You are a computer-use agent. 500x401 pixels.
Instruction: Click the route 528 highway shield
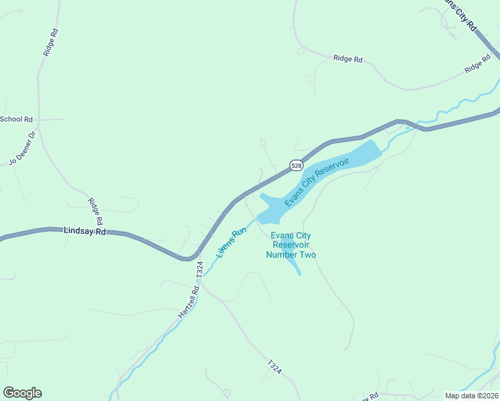pos(297,165)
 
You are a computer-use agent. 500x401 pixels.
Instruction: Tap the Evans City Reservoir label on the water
pos(317,182)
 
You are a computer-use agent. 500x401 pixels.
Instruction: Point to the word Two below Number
pos(308,255)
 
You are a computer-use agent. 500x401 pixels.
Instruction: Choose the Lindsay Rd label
pos(85,231)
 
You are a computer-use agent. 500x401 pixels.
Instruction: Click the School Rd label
pos(16,120)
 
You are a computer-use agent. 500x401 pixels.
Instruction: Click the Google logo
pos(22,393)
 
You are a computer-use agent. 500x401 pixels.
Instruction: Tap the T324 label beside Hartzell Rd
pos(199,269)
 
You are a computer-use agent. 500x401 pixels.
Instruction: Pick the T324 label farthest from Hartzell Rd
pos(274,366)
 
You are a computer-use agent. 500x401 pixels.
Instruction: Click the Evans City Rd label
pos(462,15)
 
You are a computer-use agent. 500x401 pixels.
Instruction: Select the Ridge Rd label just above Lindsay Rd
pos(96,211)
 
